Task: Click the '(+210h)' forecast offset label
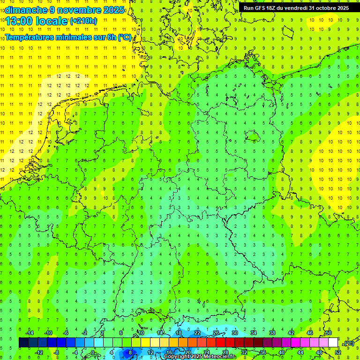(x=83, y=21)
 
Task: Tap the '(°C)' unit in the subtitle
(x=124, y=37)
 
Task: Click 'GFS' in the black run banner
(x=263, y=8)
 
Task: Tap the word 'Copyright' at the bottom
(x=179, y=357)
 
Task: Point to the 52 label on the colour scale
(x=337, y=352)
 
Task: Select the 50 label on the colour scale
(x=328, y=333)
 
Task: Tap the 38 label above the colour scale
(x=272, y=333)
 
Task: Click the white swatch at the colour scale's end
(x=333, y=343)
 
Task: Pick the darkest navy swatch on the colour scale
(x=23, y=343)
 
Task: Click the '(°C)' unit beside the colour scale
(x=349, y=343)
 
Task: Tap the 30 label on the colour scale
(x=234, y=333)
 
